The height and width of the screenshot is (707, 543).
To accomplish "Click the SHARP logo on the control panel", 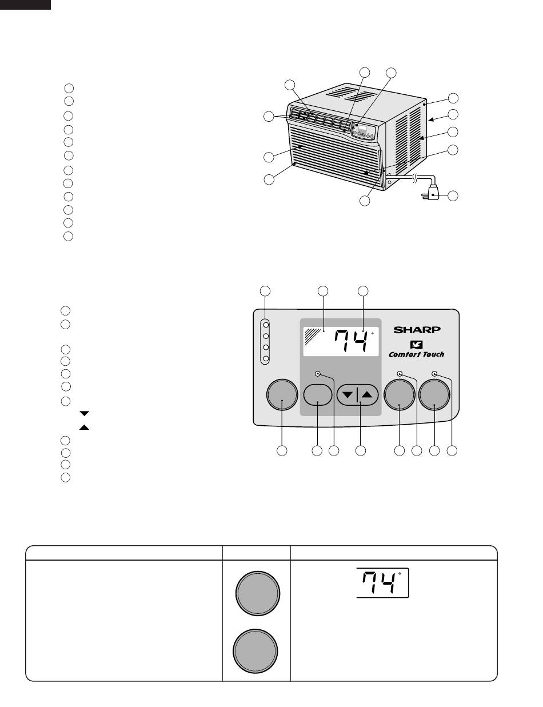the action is (417, 330).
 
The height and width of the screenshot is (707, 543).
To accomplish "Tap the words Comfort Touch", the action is (417, 354).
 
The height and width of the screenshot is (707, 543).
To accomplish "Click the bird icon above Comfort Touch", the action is (416, 344).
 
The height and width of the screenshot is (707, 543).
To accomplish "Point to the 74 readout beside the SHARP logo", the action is (351, 341).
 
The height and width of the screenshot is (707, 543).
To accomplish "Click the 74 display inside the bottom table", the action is (378, 582).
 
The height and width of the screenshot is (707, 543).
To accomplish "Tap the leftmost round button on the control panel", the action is (282, 394).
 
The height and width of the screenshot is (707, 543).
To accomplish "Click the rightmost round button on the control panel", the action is (434, 394).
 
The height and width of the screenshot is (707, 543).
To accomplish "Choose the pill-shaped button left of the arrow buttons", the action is (318, 395).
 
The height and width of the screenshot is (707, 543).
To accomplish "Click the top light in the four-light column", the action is (266, 325).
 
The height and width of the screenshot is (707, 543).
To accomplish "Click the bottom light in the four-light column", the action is (266, 358).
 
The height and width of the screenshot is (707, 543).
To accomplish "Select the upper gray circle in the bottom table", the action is (258, 593).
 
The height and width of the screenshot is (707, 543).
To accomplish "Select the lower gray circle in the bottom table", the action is (255, 651).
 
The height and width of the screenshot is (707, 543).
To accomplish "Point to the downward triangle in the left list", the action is (84, 414).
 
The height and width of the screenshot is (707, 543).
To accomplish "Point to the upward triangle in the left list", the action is (84, 427).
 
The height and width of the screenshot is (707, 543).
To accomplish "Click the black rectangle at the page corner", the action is (25, 5).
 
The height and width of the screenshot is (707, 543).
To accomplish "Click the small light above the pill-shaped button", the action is (318, 374).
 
